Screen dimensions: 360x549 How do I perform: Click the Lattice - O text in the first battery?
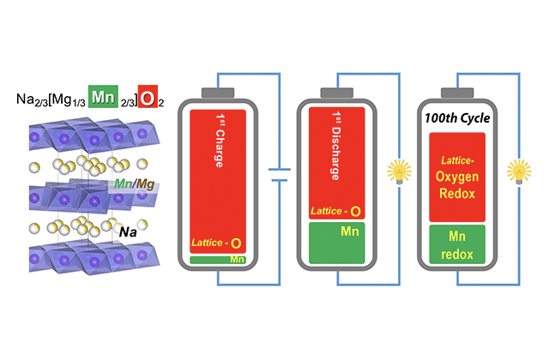pyautogui.click(x=217, y=243)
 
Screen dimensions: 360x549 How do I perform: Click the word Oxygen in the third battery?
pyautogui.click(x=452, y=178)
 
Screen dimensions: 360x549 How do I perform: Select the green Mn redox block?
pyautogui.click(x=452, y=243)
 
